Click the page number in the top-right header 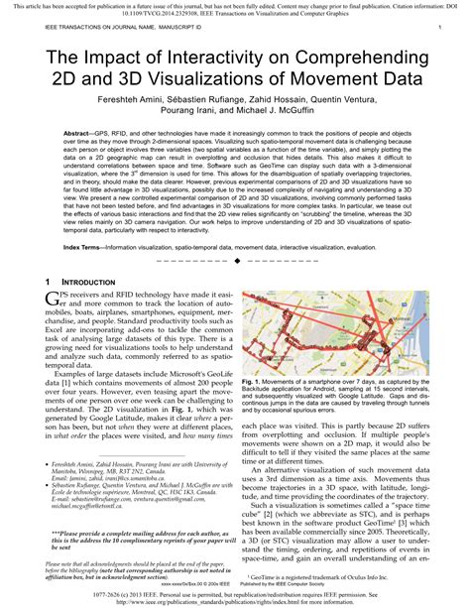[439, 30]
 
